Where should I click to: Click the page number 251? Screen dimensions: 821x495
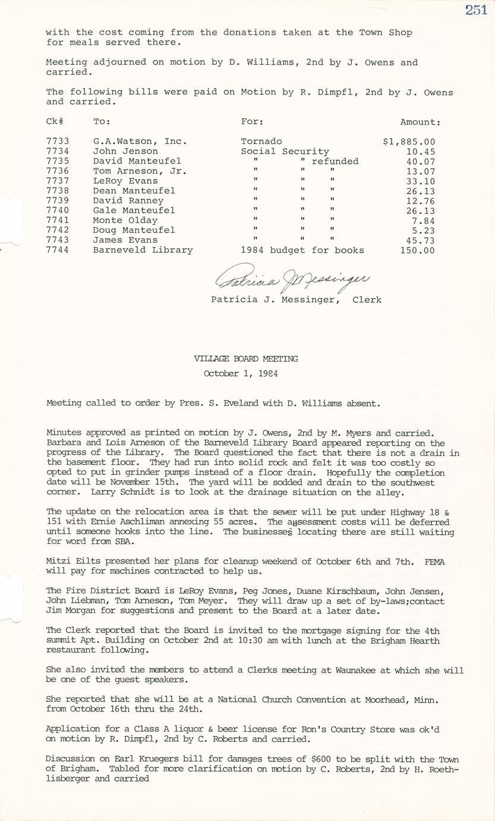coord(475,10)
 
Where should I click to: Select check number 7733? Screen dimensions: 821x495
coord(58,142)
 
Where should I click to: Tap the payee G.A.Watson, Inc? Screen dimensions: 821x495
coord(140,142)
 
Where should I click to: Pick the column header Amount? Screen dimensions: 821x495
coord(420,122)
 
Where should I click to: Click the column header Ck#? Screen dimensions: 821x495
coord(55,122)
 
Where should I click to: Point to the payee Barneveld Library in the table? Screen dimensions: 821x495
coord(143,250)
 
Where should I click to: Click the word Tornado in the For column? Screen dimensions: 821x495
coord(261,142)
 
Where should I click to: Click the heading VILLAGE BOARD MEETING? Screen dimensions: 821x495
coord(246,359)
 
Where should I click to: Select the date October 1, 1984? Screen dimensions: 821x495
coord(241,374)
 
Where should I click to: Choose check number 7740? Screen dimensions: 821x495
coord(58,211)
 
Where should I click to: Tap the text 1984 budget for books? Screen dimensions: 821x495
coord(302,250)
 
